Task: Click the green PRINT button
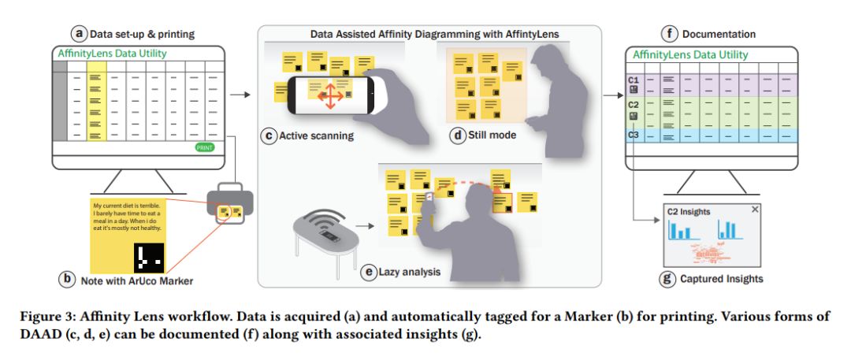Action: tap(204, 147)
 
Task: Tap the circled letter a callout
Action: tap(78, 33)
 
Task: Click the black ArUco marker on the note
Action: tap(147, 255)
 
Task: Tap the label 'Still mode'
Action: tap(494, 135)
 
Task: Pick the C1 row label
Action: tap(634, 80)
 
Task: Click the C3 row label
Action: tap(634, 135)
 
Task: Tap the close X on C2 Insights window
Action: tap(755, 210)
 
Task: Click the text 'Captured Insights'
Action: tap(723, 279)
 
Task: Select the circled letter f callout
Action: tap(670, 33)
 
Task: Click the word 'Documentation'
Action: tap(719, 34)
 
